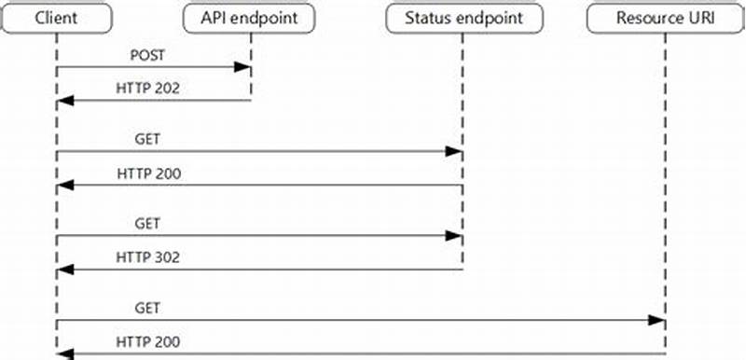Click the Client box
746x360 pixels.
56,19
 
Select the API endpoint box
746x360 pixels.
250,19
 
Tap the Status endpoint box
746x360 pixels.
460,19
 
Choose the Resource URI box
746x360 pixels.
665,19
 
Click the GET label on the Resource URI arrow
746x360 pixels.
147,307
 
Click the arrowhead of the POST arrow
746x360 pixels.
244,67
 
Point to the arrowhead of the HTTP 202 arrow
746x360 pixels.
62,100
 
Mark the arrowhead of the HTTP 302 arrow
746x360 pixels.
62,270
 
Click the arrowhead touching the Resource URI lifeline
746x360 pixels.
658,320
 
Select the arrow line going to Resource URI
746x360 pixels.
373,320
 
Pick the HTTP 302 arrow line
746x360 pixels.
280,270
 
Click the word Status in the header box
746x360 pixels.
427,19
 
